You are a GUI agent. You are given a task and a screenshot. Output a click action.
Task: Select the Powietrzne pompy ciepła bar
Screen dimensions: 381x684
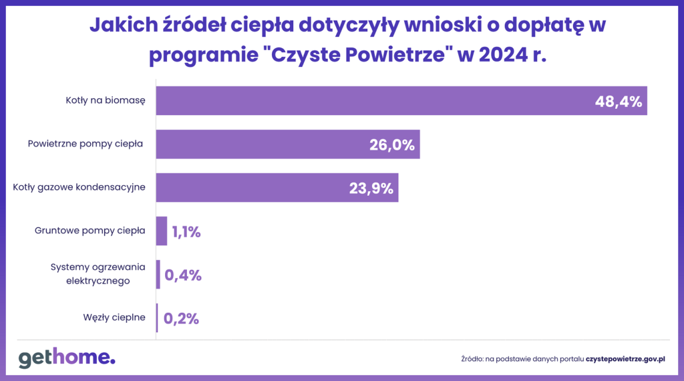coord(261,144)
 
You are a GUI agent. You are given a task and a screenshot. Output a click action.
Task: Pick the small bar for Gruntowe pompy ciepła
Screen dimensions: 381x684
coord(162,231)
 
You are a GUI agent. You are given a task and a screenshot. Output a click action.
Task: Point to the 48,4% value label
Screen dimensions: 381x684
coord(619,102)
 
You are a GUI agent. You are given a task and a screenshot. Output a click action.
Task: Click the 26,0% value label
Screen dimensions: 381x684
coord(392,145)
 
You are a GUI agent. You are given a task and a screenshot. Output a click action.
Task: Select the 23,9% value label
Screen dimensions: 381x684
coord(371,188)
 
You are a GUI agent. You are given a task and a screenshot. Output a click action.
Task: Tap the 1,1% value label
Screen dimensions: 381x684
coord(186,232)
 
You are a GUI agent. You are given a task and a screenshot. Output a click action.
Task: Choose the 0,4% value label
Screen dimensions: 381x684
coord(183,275)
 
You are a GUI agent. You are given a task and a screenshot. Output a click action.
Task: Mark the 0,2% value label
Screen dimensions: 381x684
coord(182,318)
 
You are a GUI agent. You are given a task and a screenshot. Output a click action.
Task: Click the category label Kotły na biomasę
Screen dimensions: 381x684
coord(106,100)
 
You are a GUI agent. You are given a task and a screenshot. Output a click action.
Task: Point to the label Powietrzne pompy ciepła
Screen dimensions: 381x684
coord(86,144)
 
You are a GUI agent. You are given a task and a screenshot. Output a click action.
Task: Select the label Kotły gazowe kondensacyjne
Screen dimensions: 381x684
coord(79,187)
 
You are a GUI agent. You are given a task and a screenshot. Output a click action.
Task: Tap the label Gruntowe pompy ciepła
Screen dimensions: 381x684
coord(90,231)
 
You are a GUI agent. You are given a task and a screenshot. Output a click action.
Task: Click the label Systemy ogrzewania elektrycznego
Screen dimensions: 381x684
coord(98,274)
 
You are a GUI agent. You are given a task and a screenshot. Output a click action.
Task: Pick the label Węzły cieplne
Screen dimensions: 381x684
coord(114,317)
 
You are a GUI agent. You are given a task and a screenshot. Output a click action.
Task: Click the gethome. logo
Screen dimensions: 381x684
coord(67,358)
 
